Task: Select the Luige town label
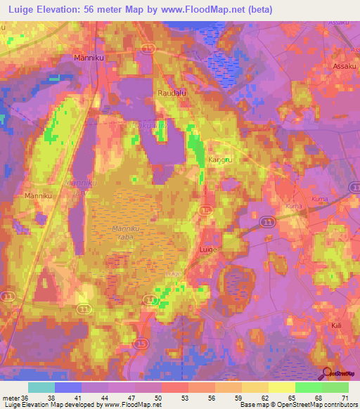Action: [207, 249]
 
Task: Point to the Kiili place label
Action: [339, 327]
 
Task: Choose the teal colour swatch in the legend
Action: [41, 387]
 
